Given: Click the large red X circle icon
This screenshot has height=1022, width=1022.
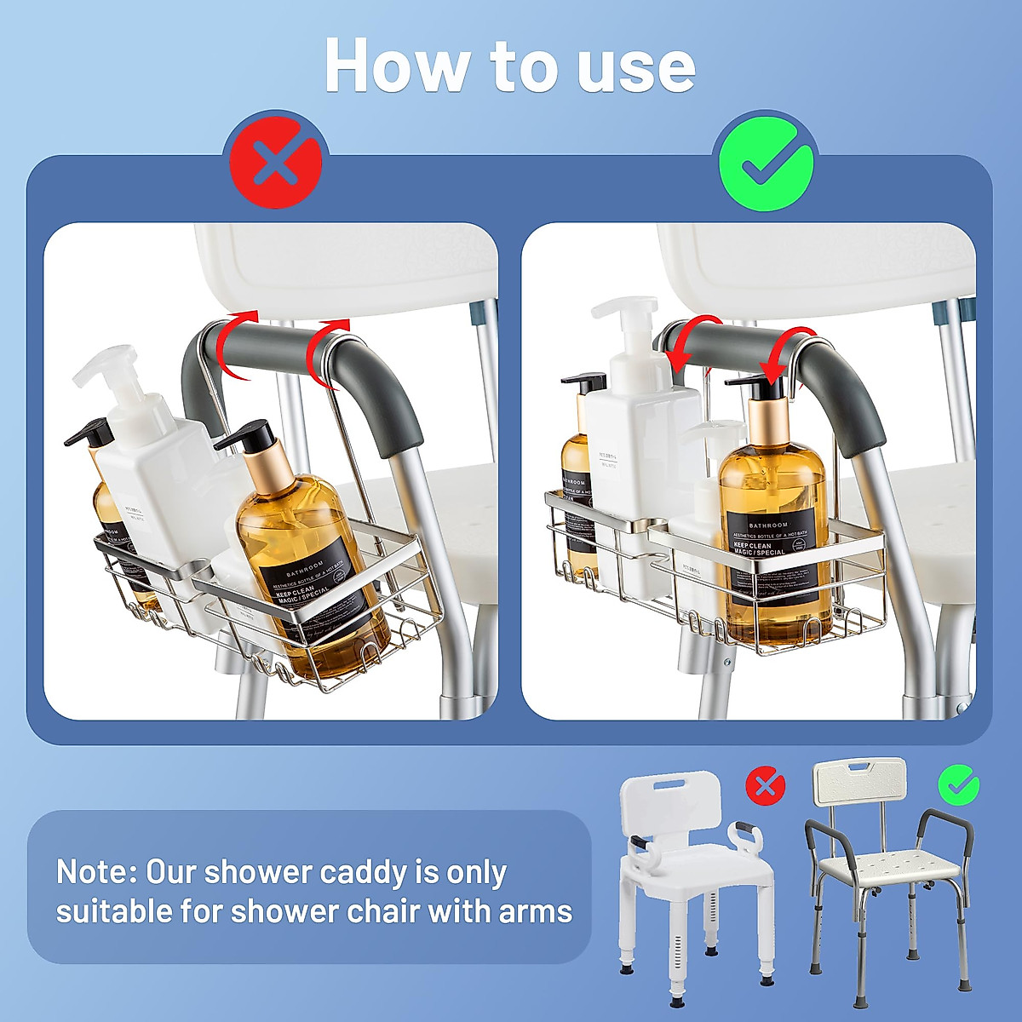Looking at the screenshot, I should click(276, 161).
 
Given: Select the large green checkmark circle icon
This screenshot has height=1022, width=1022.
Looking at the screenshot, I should click(765, 161).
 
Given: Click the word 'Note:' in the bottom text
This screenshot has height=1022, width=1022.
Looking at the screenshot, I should click(95, 872).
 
